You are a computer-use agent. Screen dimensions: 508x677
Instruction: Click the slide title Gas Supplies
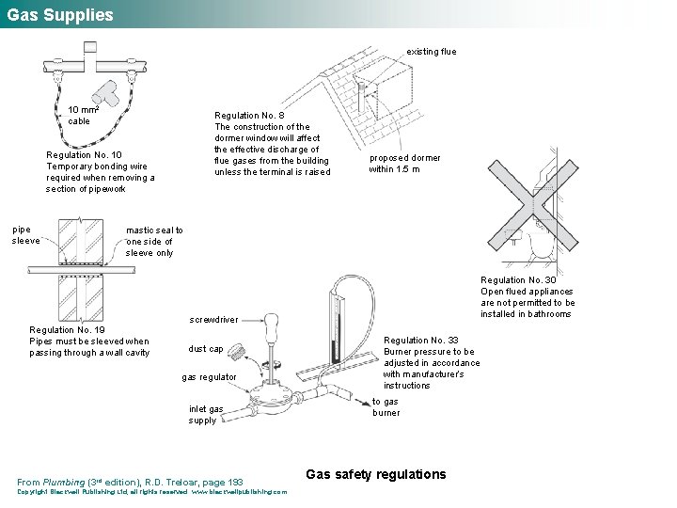point(60,15)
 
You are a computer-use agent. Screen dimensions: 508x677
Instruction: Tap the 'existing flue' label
point(431,52)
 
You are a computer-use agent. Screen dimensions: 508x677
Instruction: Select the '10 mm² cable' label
point(83,115)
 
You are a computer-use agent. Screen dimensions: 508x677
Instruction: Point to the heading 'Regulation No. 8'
point(250,116)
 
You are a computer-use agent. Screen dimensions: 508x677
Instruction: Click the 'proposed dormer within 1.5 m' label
point(403,164)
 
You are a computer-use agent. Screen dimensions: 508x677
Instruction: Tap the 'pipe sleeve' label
point(25,234)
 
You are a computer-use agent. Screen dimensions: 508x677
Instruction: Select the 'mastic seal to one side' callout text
point(154,241)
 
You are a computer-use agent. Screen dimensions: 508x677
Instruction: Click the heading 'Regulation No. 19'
point(67,330)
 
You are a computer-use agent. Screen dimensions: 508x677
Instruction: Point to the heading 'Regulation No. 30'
point(518,280)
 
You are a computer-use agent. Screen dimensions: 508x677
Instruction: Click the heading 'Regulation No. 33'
point(421,341)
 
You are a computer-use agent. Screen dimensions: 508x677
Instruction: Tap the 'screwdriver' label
point(213,320)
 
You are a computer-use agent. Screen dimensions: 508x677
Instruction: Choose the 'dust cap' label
point(206,349)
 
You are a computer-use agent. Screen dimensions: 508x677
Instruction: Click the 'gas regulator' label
point(209,377)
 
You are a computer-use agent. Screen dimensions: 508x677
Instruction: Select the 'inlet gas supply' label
point(206,415)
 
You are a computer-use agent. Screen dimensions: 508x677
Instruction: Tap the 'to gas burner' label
point(386,407)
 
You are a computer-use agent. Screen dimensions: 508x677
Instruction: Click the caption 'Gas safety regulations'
point(376,474)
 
